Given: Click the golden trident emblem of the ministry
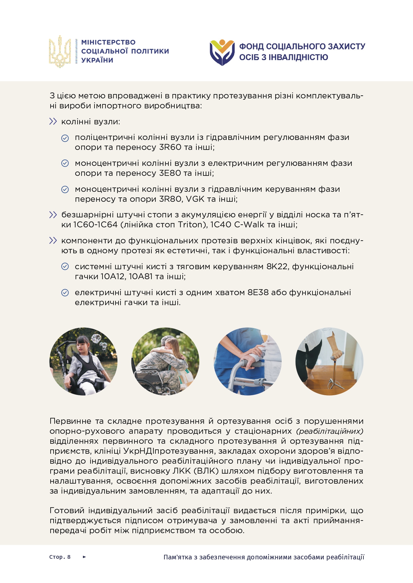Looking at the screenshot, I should pos(60,52).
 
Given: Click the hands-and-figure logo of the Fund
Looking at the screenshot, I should pos(222,52).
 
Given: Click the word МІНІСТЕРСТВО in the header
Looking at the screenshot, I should pos(108,43).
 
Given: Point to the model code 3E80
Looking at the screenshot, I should pos(170,173).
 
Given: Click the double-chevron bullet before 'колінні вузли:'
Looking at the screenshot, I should pos(53,122).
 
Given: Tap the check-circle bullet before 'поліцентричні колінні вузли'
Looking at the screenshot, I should pos(65,138).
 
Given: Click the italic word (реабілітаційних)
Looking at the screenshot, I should pos(329,431).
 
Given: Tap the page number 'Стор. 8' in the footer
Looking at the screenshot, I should pos(60,557).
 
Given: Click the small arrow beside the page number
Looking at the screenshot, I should pos(84,557).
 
